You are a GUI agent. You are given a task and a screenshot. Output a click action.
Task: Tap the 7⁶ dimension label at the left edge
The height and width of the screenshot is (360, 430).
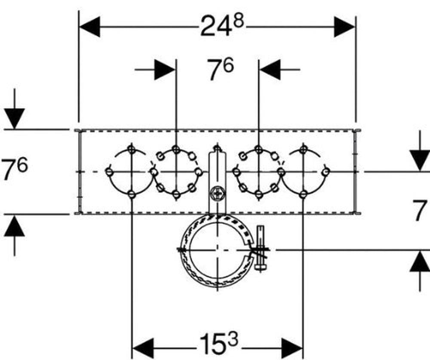pyautogui.click(x=14, y=169)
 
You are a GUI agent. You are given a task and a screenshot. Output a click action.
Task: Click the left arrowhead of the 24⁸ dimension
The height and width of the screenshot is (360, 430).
pyautogui.click(x=89, y=27)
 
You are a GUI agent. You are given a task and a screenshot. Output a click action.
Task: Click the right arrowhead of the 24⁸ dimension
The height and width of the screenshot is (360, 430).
pyautogui.click(x=344, y=27)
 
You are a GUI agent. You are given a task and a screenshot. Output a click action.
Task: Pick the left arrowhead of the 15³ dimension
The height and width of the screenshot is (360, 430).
pyautogui.click(x=143, y=348)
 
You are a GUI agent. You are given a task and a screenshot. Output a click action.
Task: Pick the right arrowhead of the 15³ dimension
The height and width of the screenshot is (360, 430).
pyautogui.click(x=292, y=348)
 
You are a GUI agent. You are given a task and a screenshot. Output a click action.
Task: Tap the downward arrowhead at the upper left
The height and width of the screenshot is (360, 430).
pyautogui.click(x=15, y=119)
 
